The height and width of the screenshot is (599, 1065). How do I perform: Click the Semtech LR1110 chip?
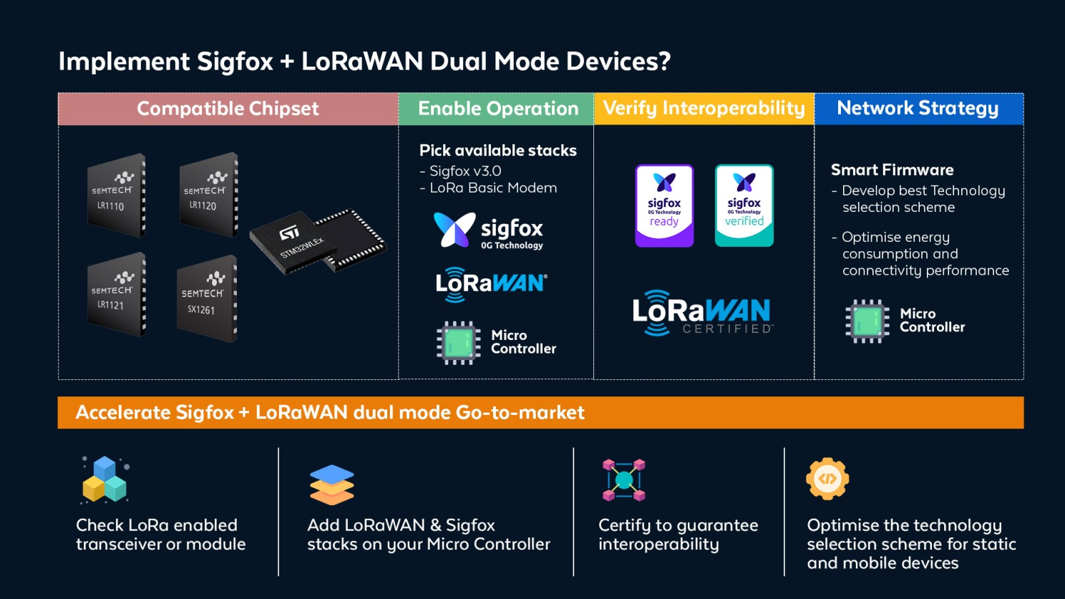(116, 195)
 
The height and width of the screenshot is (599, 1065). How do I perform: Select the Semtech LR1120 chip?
(208, 194)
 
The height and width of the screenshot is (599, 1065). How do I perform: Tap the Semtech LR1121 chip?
(116, 294)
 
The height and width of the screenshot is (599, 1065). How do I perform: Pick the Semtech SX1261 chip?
(206, 298)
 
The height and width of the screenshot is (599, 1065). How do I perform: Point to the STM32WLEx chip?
(316, 241)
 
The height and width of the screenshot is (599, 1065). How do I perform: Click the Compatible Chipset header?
(228, 109)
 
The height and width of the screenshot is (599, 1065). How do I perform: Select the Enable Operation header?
(497, 109)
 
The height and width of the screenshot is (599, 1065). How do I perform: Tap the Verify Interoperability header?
(704, 109)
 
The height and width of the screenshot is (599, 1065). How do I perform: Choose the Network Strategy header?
(918, 109)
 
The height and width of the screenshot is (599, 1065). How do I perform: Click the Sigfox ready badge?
(664, 206)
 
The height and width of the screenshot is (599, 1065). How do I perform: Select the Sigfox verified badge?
(744, 206)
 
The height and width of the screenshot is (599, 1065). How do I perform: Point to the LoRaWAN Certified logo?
(702, 313)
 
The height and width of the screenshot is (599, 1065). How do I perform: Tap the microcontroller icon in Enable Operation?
(458, 342)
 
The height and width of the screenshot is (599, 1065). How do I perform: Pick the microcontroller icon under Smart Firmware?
(867, 321)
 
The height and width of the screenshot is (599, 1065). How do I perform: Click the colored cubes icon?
(104, 479)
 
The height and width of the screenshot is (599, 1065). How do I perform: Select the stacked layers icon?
(331, 484)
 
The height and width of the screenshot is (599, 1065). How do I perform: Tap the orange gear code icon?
(827, 478)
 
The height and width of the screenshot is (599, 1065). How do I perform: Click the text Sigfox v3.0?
(465, 171)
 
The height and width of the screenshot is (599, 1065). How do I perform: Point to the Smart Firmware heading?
(892, 170)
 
